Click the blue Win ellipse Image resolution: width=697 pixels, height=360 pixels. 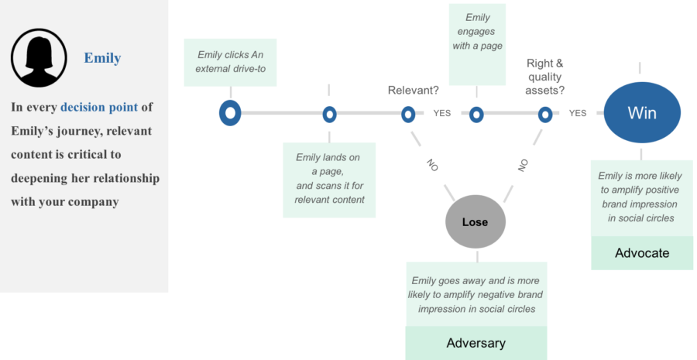(x=642, y=113)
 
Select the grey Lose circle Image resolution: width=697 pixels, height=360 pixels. (x=476, y=221)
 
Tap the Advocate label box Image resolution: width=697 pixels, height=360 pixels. (x=642, y=253)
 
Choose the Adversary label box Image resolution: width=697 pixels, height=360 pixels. (x=476, y=343)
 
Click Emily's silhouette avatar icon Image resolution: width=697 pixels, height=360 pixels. (x=39, y=58)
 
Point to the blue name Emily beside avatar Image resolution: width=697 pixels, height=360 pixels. (x=103, y=58)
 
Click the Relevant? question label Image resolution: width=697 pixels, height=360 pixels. (x=414, y=91)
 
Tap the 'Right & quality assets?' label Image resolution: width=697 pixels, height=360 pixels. (x=545, y=77)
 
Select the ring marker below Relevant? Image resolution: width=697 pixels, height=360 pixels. (x=408, y=115)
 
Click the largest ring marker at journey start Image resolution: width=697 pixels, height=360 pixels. (x=230, y=113)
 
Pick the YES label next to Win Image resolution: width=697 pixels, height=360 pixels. (x=578, y=113)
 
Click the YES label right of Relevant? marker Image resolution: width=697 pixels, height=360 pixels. (x=442, y=113)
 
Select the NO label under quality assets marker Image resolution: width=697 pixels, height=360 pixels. (x=523, y=166)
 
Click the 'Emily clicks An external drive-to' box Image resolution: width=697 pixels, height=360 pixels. (x=230, y=62)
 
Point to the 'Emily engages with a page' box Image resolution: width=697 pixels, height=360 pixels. (x=477, y=44)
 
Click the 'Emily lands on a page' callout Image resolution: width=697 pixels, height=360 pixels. (x=329, y=180)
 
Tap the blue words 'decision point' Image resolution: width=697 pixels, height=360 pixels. (x=99, y=108)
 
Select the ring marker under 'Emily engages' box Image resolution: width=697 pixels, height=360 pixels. (x=476, y=115)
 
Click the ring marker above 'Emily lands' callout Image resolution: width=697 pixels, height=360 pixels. (x=329, y=115)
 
